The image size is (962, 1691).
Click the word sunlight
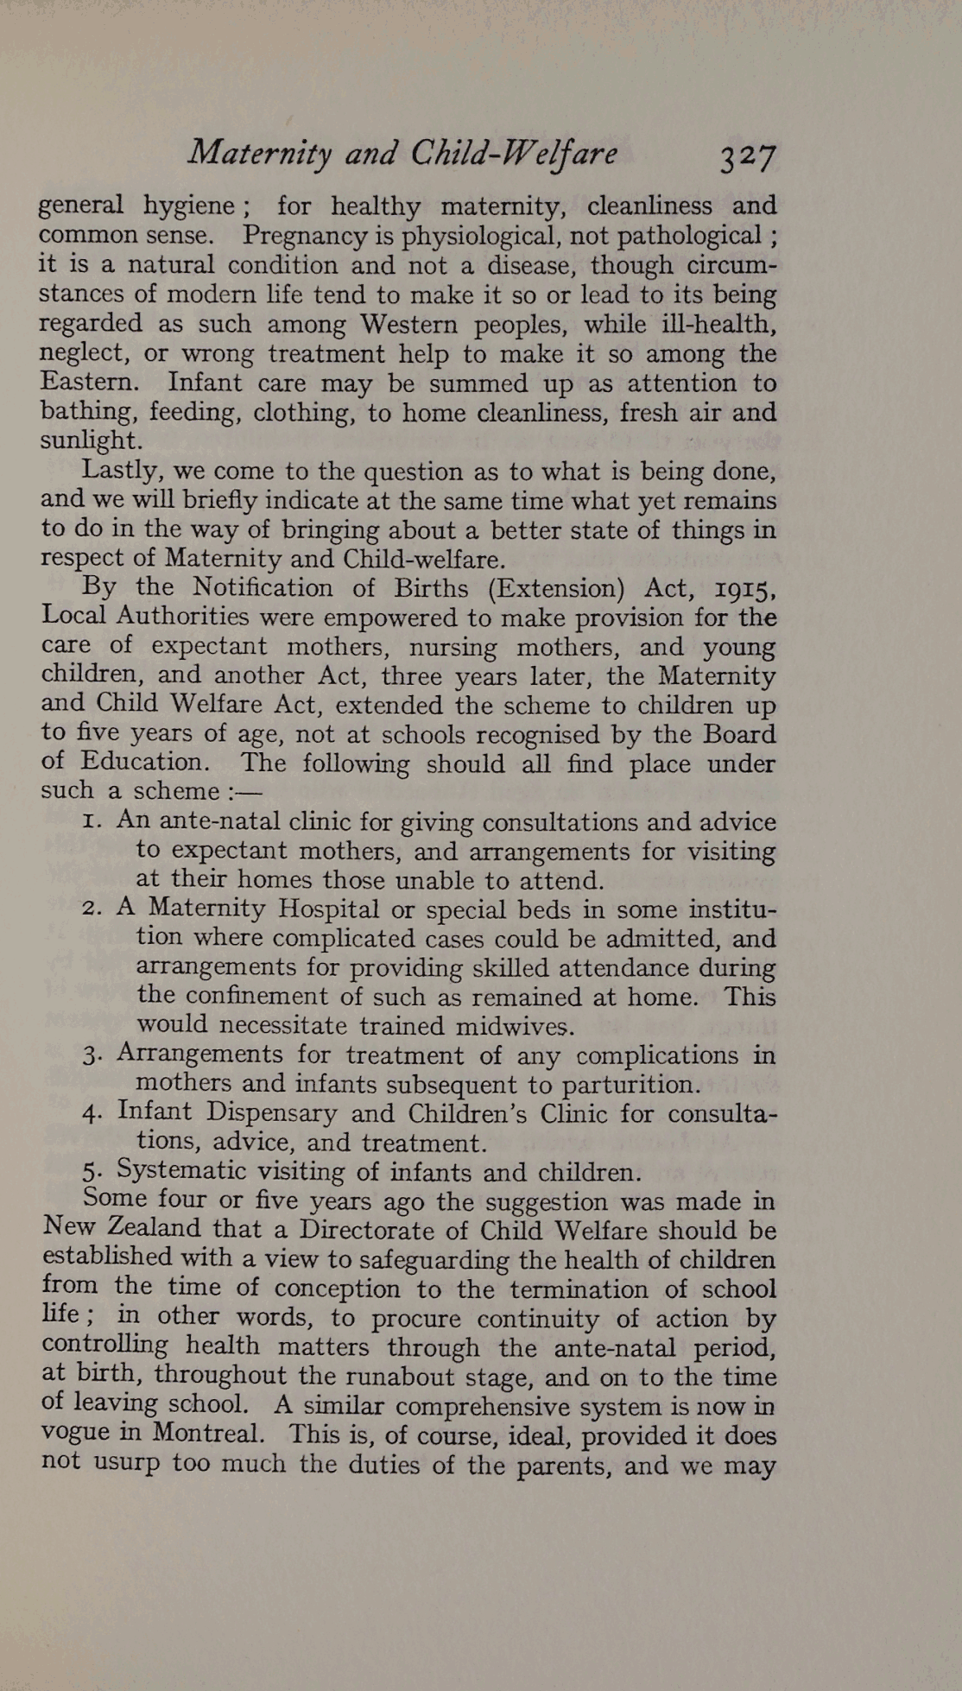tap(89, 440)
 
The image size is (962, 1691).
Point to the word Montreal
tap(207, 1434)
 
